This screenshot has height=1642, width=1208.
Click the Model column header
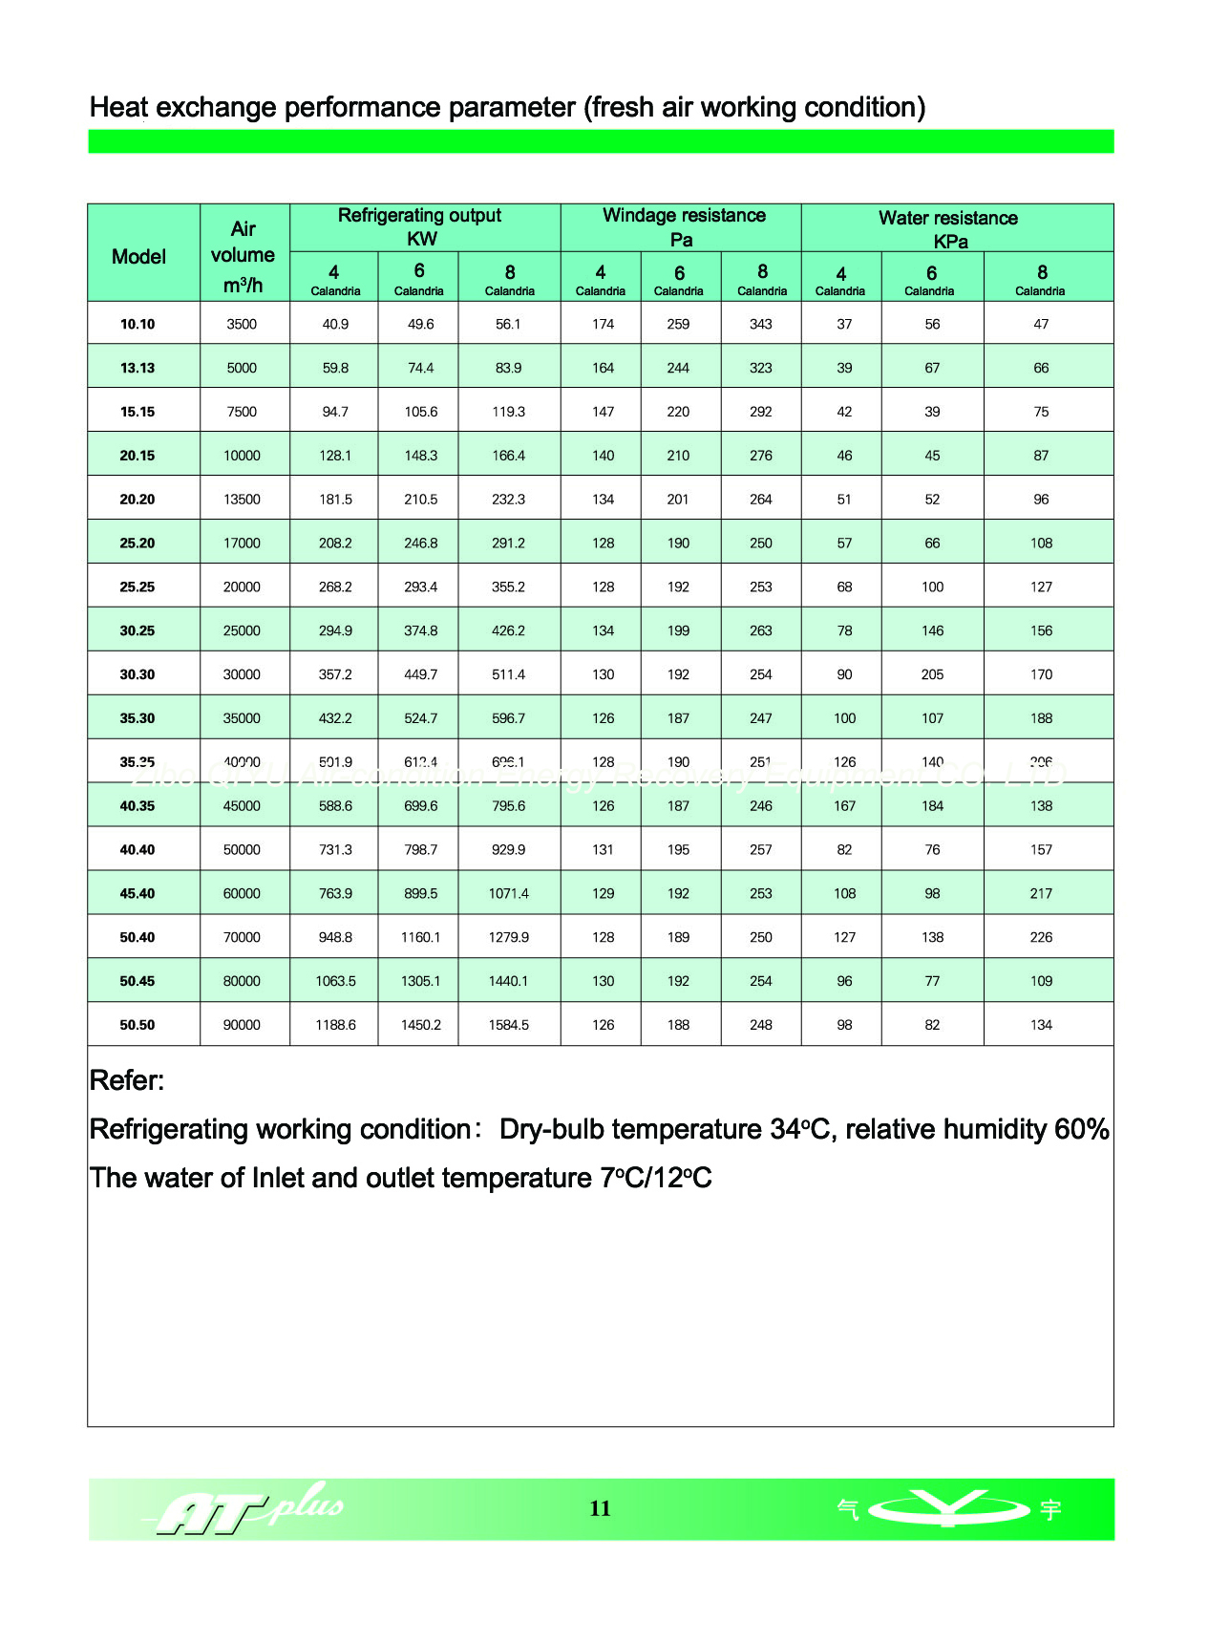[x=138, y=256]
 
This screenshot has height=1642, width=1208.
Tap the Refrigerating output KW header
[x=420, y=226]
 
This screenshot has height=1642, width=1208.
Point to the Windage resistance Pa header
[x=683, y=226]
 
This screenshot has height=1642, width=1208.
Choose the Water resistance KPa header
[x=948, y=228]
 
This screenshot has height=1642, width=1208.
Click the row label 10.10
[x=138, y=324]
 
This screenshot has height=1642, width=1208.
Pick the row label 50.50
[x=138, y=1025]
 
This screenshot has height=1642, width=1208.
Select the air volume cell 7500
[x=242, y=412]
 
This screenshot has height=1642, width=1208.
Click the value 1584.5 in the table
[x=508, y=1025]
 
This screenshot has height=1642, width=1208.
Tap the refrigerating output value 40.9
[x=335, y=324]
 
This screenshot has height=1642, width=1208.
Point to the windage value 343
[x=761, y=324]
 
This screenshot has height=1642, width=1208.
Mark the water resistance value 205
[x=932, y=674]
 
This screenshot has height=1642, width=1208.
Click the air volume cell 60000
[x=242, y=893]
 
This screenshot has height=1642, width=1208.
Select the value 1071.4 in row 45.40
[x=508, y=893]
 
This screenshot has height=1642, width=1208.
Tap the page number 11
[x=600, y=1508]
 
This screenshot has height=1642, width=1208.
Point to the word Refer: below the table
[x=127, y=1080]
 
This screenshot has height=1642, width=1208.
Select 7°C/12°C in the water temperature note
[x=656, y=1178]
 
